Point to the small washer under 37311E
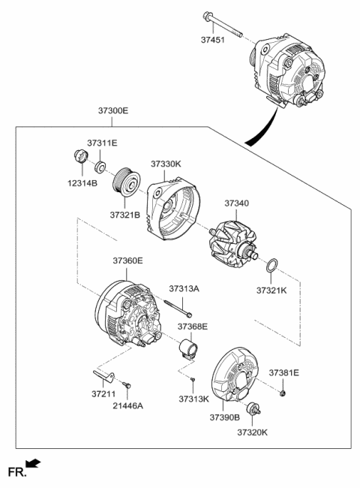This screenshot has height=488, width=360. [100, 164]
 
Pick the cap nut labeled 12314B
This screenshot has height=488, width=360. [78, 159]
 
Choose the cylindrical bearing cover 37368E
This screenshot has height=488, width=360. [190, 350]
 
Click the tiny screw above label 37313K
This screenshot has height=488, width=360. [193, 381]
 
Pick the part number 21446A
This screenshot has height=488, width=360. [128, 405]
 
